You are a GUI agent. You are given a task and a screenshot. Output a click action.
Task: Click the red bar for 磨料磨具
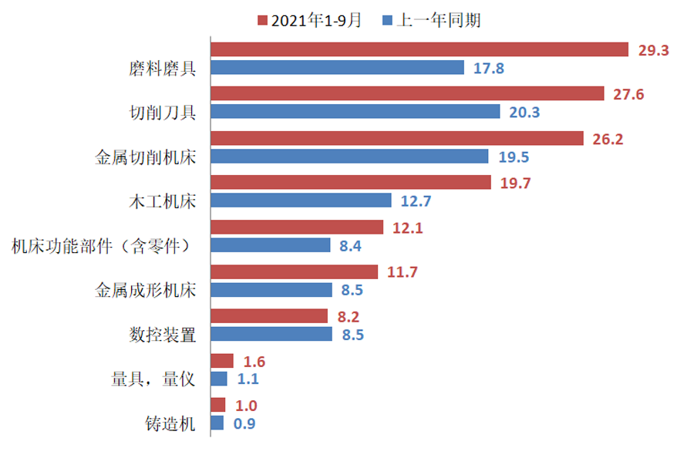click(420, 49)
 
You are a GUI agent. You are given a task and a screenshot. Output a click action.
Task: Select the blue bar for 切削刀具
click(355, 112)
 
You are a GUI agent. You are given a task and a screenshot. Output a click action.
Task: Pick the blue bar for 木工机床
click(302, 201)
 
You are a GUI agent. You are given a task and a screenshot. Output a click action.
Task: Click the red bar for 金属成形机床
click(294, 271)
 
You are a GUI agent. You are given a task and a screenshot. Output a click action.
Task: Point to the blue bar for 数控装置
click(271, 334)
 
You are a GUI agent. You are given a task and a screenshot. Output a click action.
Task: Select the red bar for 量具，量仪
click(222, 361)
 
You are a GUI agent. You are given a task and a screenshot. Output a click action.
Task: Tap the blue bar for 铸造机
click(217, 423)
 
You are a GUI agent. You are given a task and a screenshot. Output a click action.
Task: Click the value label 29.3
click(653, 50)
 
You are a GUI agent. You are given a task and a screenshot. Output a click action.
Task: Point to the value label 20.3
click(524, 113)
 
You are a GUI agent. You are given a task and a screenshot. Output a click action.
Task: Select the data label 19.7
click(515, 183)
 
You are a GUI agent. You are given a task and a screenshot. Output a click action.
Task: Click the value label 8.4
click(351, 246)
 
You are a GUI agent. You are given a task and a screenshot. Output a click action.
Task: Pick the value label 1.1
click(248, 379)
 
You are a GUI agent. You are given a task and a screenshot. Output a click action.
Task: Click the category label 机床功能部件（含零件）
click(101, 246)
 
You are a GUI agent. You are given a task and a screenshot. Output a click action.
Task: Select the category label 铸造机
click(170, 423)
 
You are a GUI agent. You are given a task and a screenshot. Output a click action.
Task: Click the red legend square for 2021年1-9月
click(262, 20)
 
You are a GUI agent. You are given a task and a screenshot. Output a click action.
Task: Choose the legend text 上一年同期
click(438, 20)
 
